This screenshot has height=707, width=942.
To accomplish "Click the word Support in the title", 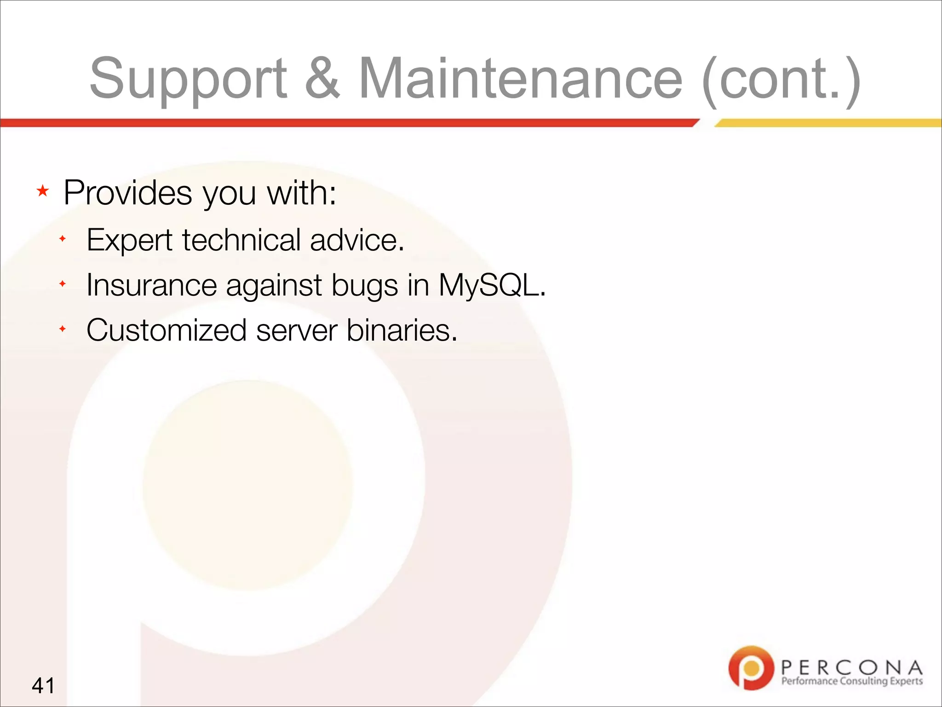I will (188, 78).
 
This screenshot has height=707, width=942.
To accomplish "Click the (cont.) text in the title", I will (781, 78).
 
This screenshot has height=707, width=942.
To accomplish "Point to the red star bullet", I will (43, 191).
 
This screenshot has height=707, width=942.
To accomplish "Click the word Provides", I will (127, 192).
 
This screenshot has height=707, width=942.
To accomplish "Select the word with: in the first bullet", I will (301, 192).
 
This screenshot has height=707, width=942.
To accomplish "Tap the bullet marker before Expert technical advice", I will (63, 239).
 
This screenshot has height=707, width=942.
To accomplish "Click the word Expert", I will (129, 240).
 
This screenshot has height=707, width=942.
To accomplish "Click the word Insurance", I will (151, 285).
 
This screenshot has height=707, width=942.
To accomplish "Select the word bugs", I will (364, 286).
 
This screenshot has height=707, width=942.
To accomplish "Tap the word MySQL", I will (491, 285).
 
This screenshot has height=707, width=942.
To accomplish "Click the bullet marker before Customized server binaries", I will (63, 329).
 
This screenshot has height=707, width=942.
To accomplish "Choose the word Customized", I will (167, 330).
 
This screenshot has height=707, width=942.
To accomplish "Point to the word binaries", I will (402, 330).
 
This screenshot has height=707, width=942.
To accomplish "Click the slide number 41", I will (43, 685).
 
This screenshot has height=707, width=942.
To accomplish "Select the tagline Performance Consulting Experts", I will (852, 681).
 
